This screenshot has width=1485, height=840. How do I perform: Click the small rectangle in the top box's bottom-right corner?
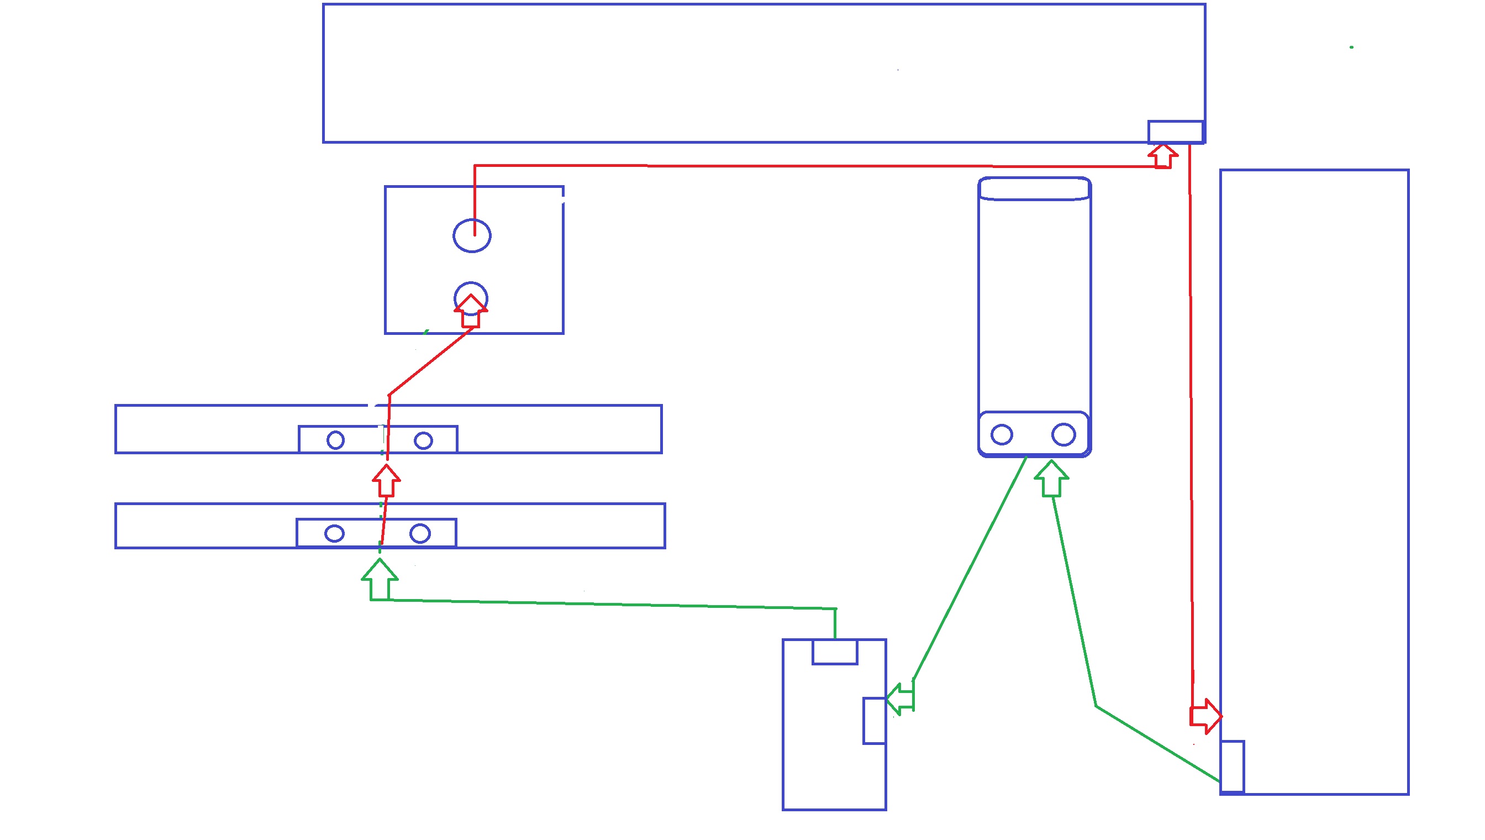(x=1175, y=132)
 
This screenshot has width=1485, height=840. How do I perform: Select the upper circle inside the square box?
(x=472, y=236)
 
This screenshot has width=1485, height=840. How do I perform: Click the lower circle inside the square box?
(x=471, y=298)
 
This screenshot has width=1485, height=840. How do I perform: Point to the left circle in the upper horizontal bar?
(x=336, y=440)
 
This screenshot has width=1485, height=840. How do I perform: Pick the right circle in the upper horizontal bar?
(x=423, y=441)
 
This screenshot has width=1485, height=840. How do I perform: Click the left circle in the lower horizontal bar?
(x=334, y=533)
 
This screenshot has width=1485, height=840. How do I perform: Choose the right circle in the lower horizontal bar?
(x=420, y=533)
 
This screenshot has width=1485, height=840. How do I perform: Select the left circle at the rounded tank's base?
(x=1002, y=434)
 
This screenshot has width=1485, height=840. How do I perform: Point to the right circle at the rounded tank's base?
(x=1063, y=434)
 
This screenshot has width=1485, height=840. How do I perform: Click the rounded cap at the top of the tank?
(x=1034, y=189)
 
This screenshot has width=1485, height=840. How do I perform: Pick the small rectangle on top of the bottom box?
(x=835, y=652)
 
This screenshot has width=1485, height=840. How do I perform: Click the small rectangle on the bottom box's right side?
(x=875, y=721)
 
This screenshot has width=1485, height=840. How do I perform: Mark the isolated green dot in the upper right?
(x=1352, y=48)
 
